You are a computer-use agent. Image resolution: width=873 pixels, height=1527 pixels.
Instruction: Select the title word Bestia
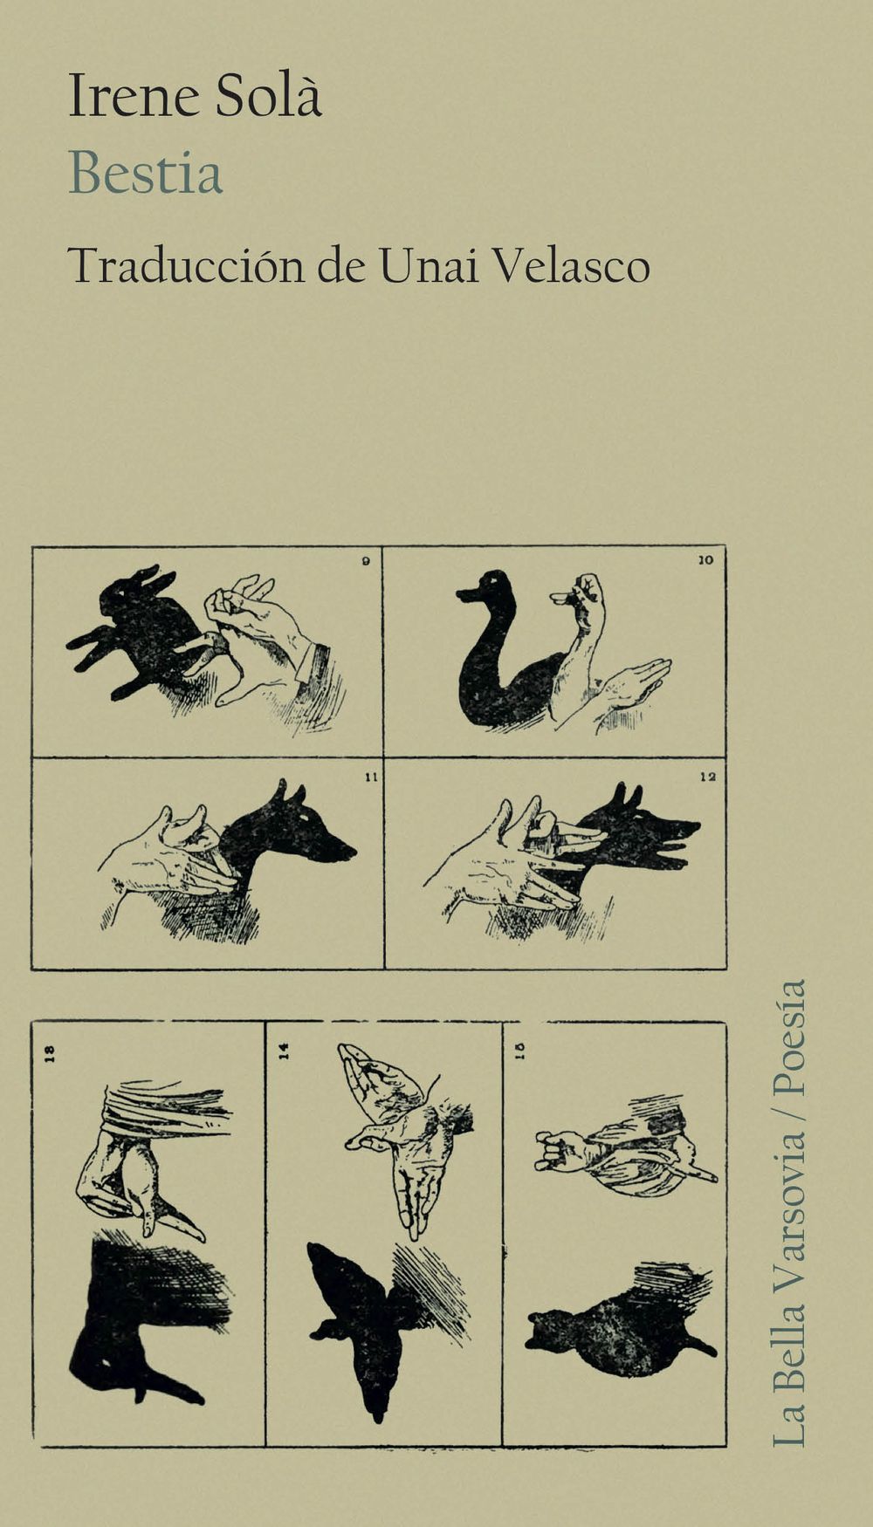tap(146, 173)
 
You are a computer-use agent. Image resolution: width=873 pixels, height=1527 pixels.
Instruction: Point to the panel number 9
tap(367, 561)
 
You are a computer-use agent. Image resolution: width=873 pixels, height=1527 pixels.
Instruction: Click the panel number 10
tap(706, 560)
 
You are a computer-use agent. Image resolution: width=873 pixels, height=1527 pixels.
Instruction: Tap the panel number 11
tap(370, 777)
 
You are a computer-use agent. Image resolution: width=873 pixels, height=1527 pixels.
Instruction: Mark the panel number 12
tap(708, 777)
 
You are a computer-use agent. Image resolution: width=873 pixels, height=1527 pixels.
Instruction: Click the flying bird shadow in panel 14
tap(367, 1309)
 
